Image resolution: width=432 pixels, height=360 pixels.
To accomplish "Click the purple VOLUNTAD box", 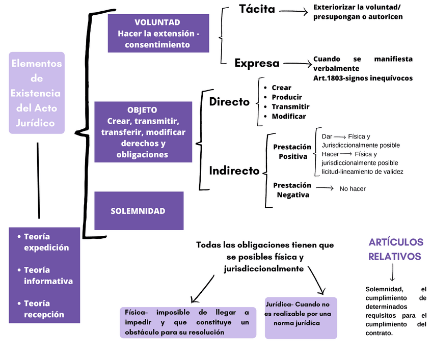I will tap(158, 34).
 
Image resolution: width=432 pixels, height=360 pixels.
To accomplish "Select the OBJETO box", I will tap(143, 132).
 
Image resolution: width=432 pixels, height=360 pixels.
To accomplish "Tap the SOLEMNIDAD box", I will tap(138, 211).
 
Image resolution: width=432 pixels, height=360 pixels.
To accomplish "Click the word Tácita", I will tap(257, 9).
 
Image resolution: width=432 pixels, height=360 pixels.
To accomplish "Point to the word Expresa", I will tap(257, 63).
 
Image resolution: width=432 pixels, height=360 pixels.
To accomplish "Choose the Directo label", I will tap(229, 102).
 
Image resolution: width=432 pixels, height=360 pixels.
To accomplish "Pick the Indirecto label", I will tap(234, 171).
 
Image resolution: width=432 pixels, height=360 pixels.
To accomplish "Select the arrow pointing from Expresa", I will tap(298, 64).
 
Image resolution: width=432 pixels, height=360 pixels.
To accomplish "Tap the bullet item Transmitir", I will tap(290, 107).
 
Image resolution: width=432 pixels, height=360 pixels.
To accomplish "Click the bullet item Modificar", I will tap(288, 116).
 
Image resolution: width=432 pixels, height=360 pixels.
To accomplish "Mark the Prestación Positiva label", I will tap(292, 152).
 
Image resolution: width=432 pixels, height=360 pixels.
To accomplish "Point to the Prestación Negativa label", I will tap(292, 190).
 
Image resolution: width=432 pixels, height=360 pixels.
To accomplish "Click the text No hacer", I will tap(353, 189).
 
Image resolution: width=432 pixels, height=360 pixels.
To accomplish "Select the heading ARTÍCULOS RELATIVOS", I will tap(395, 249).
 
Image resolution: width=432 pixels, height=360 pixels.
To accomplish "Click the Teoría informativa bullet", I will tap(48, 275).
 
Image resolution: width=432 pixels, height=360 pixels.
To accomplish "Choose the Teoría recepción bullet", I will tap(44, 309).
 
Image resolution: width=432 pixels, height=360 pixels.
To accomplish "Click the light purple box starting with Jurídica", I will tap(301, 318).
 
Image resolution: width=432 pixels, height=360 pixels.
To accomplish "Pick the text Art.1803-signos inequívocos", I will tap(363, 78).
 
